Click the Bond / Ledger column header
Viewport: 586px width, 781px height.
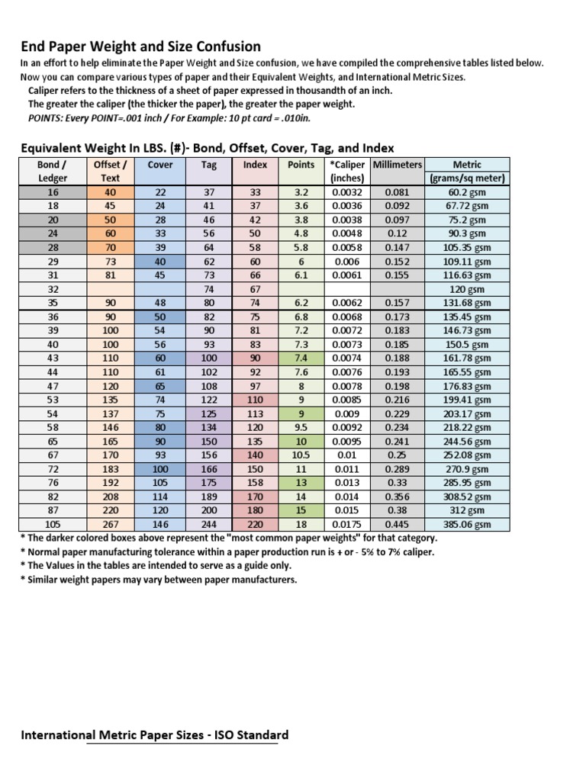(x=53, y=172)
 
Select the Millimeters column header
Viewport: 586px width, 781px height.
(x=396, y=165)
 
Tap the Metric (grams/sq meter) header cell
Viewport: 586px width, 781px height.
(x=467, y=172)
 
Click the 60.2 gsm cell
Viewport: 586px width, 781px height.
(x=467, y=192)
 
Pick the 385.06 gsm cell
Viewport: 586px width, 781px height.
(x=467, y=525)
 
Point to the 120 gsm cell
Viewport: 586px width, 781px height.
(x=467, y=289)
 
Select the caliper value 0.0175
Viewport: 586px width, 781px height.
(x=346, y=525)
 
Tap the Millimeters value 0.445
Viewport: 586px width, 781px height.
(x=396, y=525)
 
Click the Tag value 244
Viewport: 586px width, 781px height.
(x=208, y=525)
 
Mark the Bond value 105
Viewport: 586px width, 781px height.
(x=53, y=525)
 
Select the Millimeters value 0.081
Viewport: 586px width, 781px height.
(x=396, y=192)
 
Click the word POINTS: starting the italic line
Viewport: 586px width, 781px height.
(x=46, y=118)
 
